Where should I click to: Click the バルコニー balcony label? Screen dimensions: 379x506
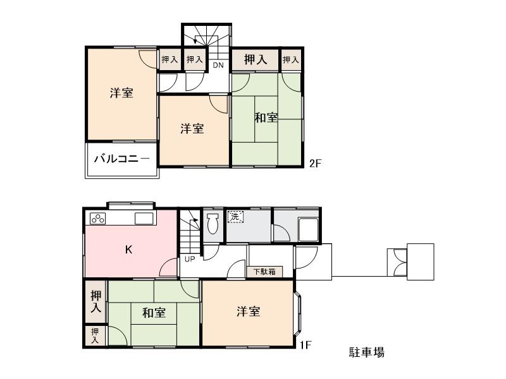tap(122, 159)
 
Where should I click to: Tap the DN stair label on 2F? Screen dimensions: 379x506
tap(218, 65)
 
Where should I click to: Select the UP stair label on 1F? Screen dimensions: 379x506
tap(190, 258)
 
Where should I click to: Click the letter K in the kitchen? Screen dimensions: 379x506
tap(128, 250)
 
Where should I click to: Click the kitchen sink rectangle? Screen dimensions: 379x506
tap(144, 219)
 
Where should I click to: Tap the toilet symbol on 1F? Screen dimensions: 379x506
tap(212, 223)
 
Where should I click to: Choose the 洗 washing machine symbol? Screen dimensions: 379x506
tap(235, 217)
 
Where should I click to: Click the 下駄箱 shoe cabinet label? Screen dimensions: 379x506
tap(264, 272)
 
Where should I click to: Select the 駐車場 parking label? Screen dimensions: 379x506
tap(366, 352)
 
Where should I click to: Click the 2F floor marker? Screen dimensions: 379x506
tap(316, 164)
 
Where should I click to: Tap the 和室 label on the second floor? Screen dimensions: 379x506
tap(266, 117)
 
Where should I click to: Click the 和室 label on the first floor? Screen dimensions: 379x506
tap(154, 313)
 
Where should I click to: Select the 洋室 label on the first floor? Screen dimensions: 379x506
tap(249, 311)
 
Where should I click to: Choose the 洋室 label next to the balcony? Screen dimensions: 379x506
tap(121, 93)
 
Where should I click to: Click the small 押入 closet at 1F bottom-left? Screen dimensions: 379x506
tap(95, 335)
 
